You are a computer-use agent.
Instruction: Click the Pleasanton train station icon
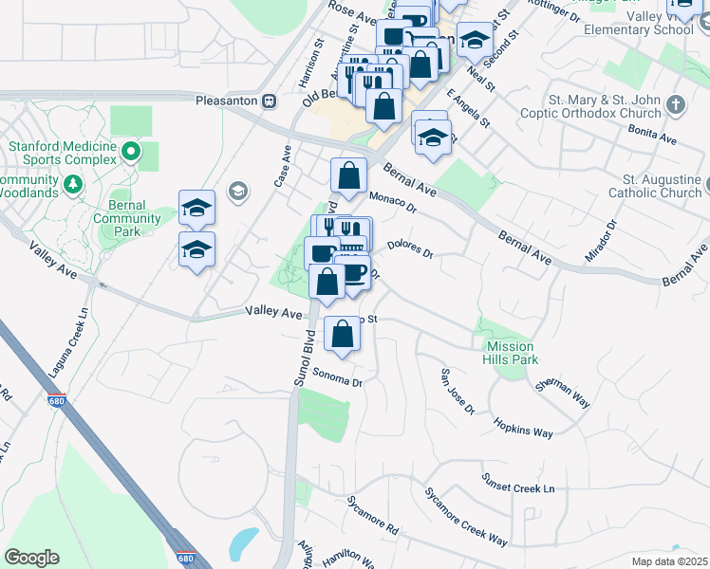pyautogui.click(x=270, y=100)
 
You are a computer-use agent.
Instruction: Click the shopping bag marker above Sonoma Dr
pyautogui.click(x=343, y=334)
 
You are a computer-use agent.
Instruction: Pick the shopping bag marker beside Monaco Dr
pyautogui.click(x=348, y=175)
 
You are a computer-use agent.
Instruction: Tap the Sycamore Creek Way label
pyautogui.click(x=465, y=518)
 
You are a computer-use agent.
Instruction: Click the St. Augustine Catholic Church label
pyautogui.click(x=662, y=186)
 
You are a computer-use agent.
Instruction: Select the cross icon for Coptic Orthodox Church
pyautogui.click(x=675, y=103)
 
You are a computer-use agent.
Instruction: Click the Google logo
pyautogui.click(x=31, y=558)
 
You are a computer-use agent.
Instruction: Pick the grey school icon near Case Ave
pyautogui.click(x=237, y=192)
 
